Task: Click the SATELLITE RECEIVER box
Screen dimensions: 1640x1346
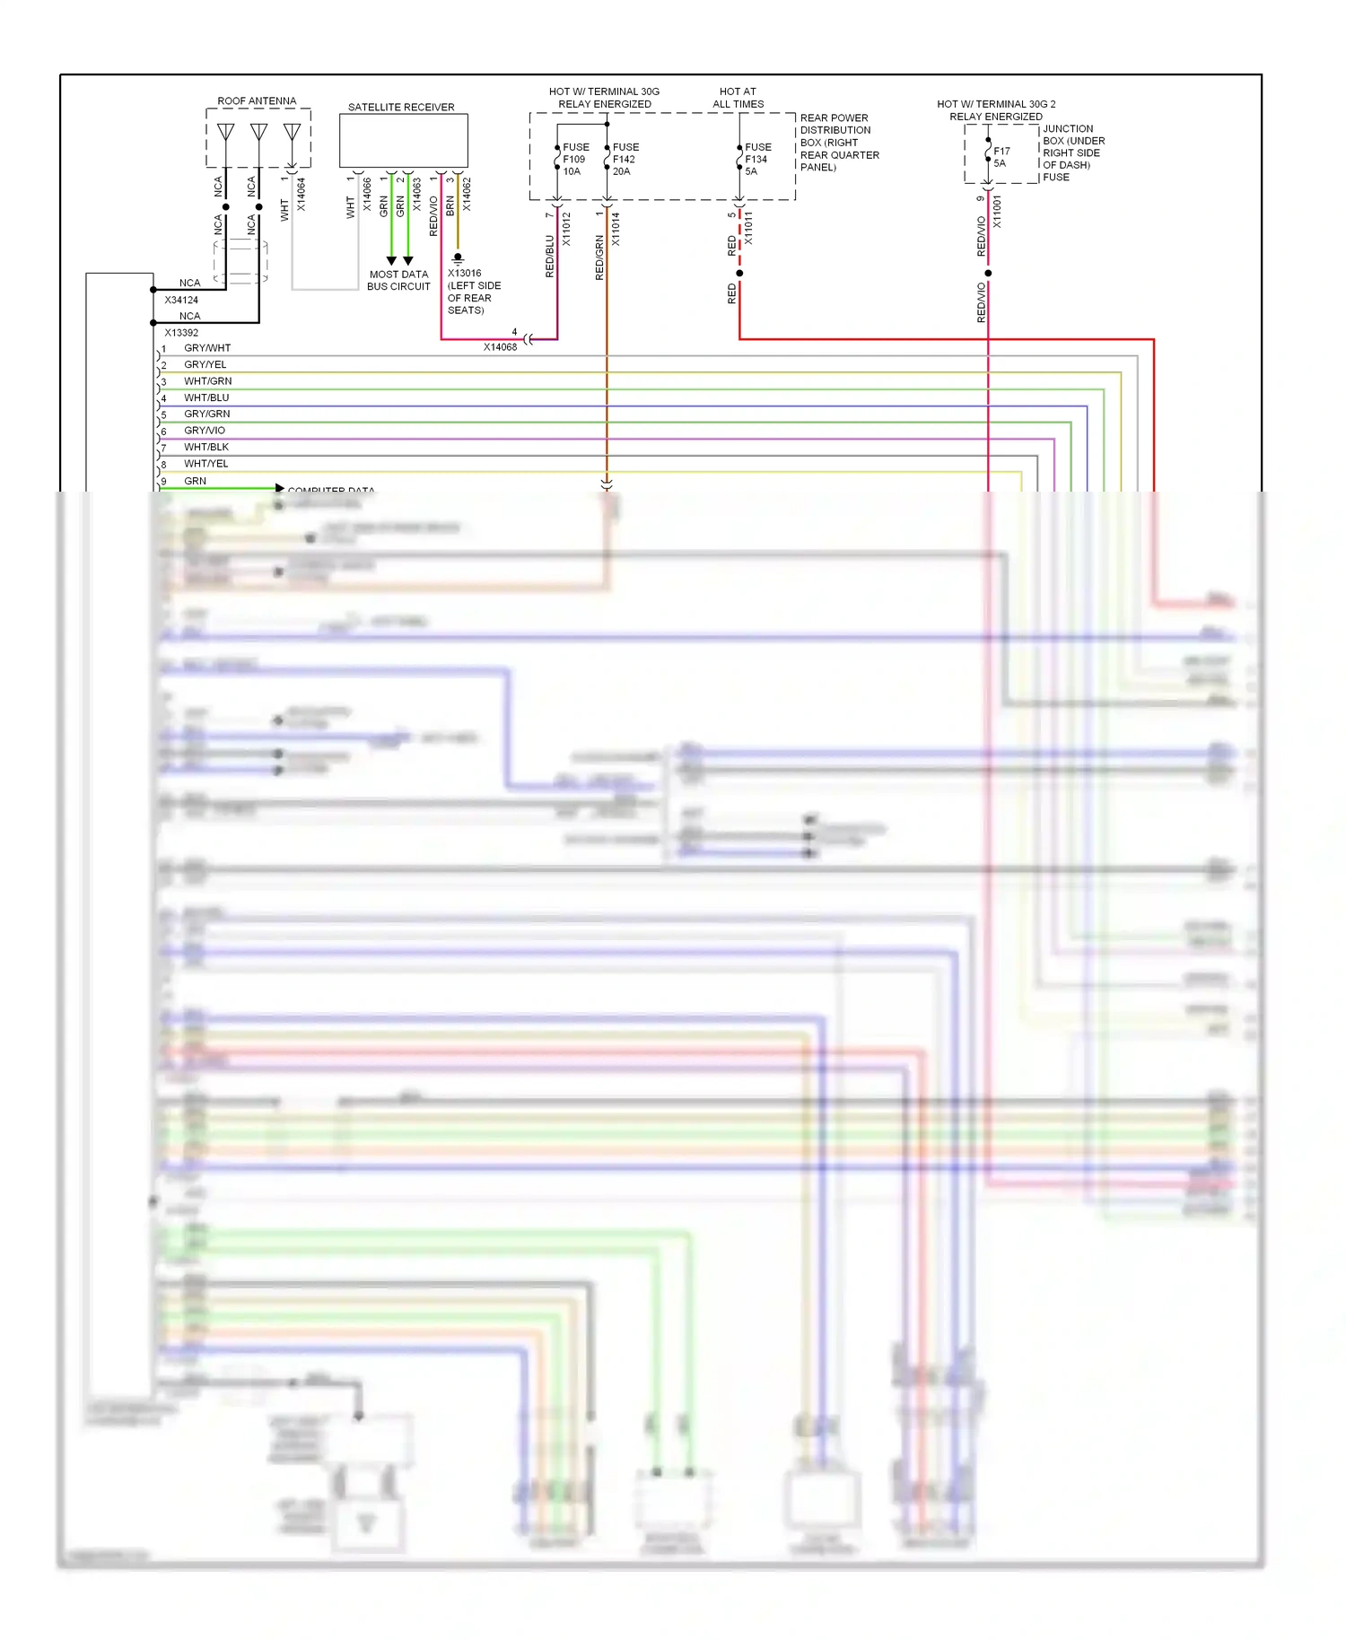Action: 403,141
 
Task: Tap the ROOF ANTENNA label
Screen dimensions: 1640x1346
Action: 257,101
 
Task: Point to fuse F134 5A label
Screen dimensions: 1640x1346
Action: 757,159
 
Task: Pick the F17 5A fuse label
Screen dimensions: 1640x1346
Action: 1001,157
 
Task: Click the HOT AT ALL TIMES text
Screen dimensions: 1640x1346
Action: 738,98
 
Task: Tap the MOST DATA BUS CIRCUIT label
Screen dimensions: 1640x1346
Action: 398,281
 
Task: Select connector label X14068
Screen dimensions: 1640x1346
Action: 500,347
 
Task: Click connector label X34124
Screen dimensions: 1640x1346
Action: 181,300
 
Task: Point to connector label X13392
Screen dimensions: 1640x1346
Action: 181,332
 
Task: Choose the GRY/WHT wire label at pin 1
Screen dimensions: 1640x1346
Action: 207,348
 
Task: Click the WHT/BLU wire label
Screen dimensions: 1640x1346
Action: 206,397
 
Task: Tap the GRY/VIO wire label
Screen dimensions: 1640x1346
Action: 205,431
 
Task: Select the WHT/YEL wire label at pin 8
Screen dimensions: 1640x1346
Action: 206,464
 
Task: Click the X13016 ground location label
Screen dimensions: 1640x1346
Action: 473,292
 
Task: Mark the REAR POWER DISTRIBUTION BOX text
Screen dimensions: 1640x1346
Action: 838,142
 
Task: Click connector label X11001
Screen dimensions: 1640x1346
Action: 997,212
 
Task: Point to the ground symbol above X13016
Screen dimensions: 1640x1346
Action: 458,258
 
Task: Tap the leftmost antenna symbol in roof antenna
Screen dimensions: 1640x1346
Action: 226,133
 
